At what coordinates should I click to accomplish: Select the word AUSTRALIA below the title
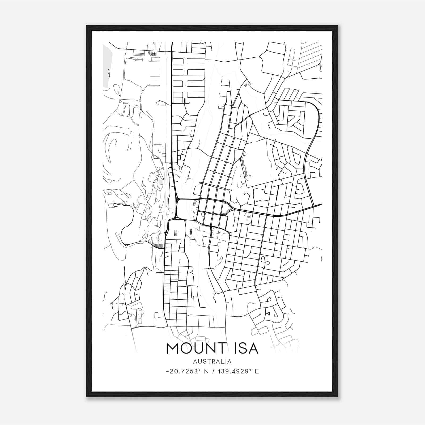[212, 362]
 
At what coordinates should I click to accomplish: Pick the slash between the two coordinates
[212, 371]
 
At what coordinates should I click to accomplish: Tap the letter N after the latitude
[206, 371]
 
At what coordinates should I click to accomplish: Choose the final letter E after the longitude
[257, 371]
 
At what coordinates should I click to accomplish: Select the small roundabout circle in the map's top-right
[292, 61]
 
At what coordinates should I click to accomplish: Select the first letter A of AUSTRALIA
[195, 362]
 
